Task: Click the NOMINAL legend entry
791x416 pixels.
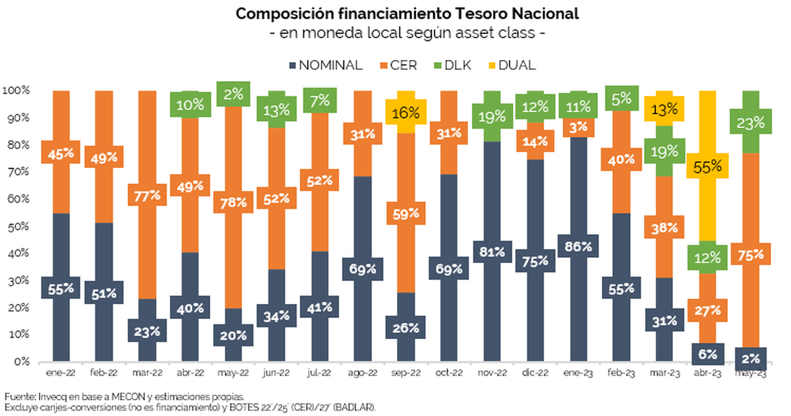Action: pos(326,65)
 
